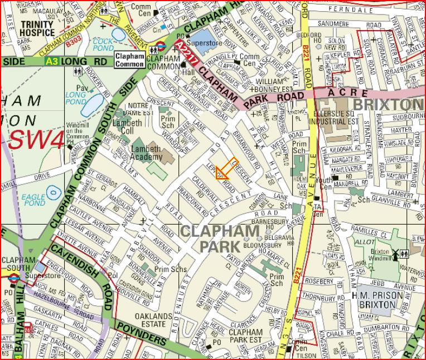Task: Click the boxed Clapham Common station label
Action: pos(129,60)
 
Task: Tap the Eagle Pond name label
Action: pos(33,200)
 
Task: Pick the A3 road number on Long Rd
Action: pos(51,61)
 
